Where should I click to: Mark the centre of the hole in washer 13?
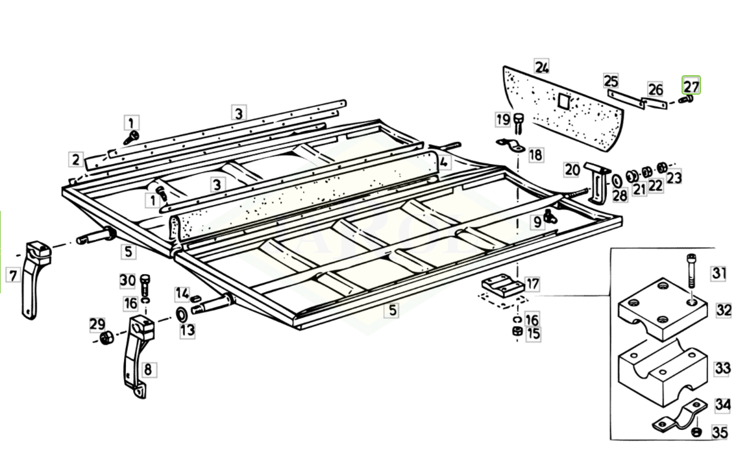pyautogui.click(x=181, y=313)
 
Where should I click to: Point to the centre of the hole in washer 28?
pyautogui.click(x=617, y=181)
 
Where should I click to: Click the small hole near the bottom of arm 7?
pyautogui.click(x=30, y=311)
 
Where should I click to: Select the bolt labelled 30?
pyautogui.click(x=145, y=284)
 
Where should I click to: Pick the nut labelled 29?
pyautogui.click(x=106, y=338)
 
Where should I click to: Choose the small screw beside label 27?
pyautogui.click(x=687, y=99)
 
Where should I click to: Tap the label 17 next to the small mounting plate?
pyautogui.click(x=532, y=284)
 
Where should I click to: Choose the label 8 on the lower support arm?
pyautogui.click(x=148, y=369)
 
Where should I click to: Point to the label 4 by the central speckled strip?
pyautogui.click(x=444, y=162)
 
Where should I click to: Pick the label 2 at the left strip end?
pyautogui.click(x=76, y=160)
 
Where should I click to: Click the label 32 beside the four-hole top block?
pyautogui.click(x=723, y=309)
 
